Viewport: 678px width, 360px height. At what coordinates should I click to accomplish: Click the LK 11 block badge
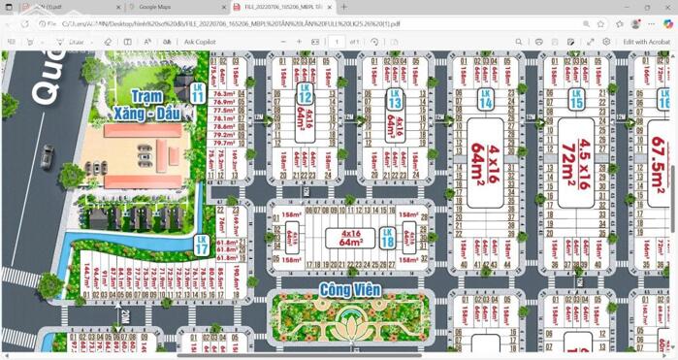pyautogui.click(x=198, y=93)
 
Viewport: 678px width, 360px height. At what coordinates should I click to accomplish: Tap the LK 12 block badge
pyautogui.click(x=305, y=94)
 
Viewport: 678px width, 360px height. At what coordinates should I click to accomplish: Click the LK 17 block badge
pyautogui.click(x=201, y=245)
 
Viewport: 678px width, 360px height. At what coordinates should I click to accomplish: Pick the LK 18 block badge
pyautogui.click(x=387, y=238)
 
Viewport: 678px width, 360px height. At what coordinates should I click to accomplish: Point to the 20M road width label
pyautogui.click(x=124, y=317)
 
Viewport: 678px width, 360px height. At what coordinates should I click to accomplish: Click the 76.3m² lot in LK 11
pyautogui.click(x=224, y=92)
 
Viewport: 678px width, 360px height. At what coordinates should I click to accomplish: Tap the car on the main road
pyautogui.click(x=47, y=156)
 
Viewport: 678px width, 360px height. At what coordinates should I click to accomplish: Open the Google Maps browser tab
pyautogui.click(x=155, y=7)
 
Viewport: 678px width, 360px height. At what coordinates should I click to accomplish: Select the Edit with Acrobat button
pyautogui.click(x=645, y=42)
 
